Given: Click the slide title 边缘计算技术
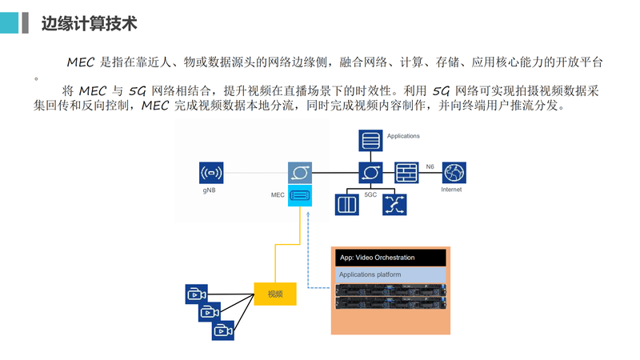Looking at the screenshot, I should tap(89, 24).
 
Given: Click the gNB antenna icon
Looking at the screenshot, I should tap(211, 172).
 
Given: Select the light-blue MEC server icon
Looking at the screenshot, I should tap(300, 194).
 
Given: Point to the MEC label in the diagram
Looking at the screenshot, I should tap(278, 194).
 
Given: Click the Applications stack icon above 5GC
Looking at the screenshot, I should tap(370, 142).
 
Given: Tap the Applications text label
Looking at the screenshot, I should tap(403, 136).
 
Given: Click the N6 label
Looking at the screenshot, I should tap(430, 166).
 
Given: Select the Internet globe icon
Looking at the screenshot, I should tap(454, 173).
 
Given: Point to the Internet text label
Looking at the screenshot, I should tap(452, 190).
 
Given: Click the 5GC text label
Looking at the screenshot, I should tap(370, 194).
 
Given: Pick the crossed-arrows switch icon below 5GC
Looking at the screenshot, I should tap(394, 204).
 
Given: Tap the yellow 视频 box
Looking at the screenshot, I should tap(275, 294).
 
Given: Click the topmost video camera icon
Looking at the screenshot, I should tap(196, 294).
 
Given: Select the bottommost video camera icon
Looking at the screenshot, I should tap(222, 330).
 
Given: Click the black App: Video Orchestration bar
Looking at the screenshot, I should tap(390, 258).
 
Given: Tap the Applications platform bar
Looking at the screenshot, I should tap(390, 274).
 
